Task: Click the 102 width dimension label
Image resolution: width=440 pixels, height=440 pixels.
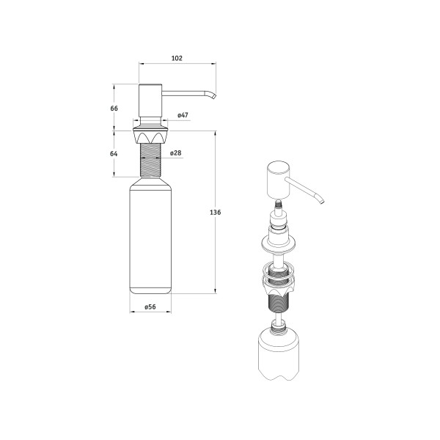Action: pos(177,58)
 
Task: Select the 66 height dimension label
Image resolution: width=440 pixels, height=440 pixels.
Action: pos(114,109)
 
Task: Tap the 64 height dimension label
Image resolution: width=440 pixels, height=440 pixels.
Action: pos(114,154)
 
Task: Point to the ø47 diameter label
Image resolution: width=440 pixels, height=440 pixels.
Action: pos(183,115)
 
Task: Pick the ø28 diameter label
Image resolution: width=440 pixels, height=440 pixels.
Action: pos(176,153)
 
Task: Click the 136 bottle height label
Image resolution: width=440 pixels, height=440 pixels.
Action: pos(215,213)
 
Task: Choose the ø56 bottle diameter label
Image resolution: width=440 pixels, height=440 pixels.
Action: pos(150,307)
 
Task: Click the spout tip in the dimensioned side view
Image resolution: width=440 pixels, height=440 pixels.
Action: pos(214,97)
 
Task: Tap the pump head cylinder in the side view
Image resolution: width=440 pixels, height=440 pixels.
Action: pos(150,100)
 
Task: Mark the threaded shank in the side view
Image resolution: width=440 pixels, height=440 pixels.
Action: pos(150,160)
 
